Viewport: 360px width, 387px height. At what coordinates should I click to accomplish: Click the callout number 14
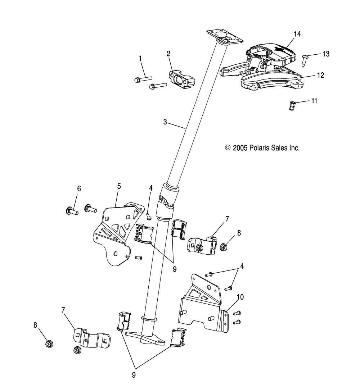tap(297, 34)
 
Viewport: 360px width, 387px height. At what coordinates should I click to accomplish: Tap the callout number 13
tap(326, 54)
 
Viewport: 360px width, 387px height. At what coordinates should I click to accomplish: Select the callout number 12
tap(320, 75)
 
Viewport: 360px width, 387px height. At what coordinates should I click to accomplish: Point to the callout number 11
tap(314, 101)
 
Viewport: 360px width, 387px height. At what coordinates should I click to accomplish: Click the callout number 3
tap(165, 122)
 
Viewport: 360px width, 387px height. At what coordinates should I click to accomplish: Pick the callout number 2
tap(168, 54)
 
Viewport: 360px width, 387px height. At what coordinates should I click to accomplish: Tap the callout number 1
tap(140, 59)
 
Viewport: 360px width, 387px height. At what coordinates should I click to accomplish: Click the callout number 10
tap(240, 297)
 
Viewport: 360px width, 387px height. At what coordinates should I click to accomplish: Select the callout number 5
tap(119, 186)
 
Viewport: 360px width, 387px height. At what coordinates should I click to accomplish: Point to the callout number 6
tap(79, 189)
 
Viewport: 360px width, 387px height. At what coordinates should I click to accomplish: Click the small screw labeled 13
tap(304, 60)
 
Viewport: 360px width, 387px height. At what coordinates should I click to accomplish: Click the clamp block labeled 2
tap(182, 79)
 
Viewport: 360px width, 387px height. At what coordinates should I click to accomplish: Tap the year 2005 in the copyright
tap(240, 148)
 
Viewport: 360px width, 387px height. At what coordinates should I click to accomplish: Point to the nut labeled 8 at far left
tap(49, 343)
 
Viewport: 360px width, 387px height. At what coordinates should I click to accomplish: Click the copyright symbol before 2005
tap(228, 148)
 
